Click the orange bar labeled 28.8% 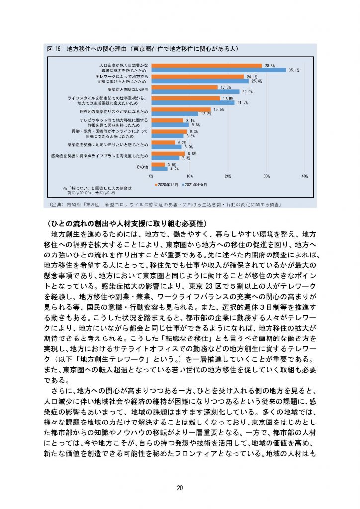[206, 65]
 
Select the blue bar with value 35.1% [218, 70]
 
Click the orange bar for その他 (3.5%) [158, 164]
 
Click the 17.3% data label [225, 87]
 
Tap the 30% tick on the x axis [266, 176]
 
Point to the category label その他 [142, 167]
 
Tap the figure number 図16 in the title [53, 49]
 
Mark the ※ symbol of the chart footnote [65, 188]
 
